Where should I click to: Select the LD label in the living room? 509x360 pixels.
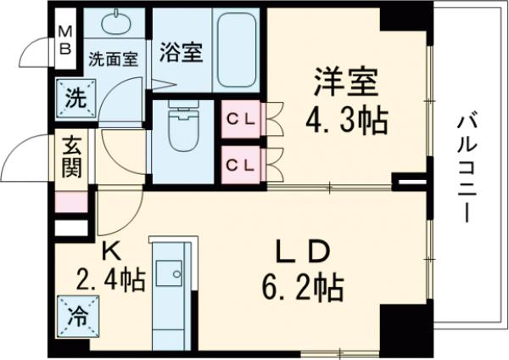pos(304,254)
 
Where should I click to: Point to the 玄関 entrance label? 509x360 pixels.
pos(71,159)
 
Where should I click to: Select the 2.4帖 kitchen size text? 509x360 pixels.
pos(113,278)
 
